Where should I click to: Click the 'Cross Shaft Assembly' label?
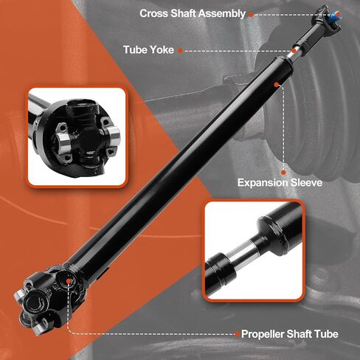pos(193,13)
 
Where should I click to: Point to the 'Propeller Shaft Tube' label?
pos(290,334)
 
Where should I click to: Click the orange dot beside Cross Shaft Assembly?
pos(252,14)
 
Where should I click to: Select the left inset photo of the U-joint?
pos(77,134)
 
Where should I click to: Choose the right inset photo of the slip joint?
pos(252,250)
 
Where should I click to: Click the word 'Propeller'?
pos(263,334)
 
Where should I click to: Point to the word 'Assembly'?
pos(219,13)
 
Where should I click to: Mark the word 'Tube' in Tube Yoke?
pos(136,49)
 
